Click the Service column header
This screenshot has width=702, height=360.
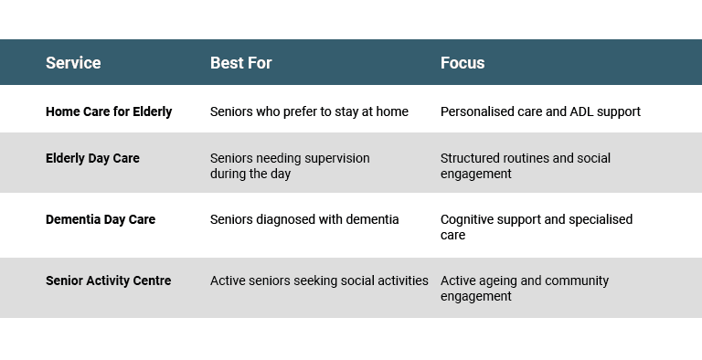pos(73,63)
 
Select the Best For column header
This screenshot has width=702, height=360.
pos(241,63)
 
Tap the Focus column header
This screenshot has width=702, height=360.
pos(463,63)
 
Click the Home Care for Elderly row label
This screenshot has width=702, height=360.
pos(109,111)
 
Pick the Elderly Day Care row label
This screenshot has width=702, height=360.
pos(92,158)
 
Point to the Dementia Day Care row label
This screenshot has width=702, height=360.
pos(101,219)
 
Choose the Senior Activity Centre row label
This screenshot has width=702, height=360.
pos(109,281)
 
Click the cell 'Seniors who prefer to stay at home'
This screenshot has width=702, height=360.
pos(309,111)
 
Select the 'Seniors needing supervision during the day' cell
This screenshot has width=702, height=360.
pos(290,165)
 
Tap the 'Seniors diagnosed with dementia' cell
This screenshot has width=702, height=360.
pos(304,219)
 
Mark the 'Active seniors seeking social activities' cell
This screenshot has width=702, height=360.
pos(319,281)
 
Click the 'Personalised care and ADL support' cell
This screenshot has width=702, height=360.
pos(540,111)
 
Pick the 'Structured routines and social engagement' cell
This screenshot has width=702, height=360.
pos(526,165)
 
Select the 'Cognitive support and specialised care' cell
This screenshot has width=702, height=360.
pos(537,227)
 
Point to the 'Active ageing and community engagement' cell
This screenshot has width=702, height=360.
pos(525,288)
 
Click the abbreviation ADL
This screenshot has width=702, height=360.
pos(580,111)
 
